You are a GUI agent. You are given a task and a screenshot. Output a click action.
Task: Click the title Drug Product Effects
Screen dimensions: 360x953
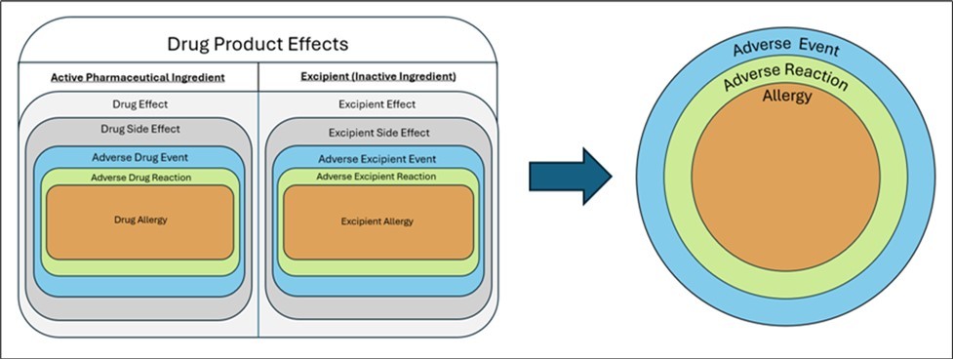pos(258,44)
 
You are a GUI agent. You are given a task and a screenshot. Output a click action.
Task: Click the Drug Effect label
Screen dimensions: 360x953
pos(139,104)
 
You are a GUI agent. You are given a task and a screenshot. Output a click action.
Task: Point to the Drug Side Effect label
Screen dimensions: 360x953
pos(139,129)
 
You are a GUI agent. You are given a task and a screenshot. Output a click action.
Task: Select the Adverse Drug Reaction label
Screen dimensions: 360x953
pos(139,177)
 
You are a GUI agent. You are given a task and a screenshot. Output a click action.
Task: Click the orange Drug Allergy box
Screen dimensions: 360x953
pos(139,220)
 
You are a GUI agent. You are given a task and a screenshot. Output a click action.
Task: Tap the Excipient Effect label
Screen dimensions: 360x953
pos(376,104)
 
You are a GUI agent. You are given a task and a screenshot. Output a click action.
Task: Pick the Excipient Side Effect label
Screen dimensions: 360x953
pos(376,132)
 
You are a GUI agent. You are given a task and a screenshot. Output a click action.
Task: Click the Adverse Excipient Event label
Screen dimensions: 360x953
pos(376,159)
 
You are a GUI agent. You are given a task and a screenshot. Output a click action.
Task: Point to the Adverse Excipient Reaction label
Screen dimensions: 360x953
pos(376,177)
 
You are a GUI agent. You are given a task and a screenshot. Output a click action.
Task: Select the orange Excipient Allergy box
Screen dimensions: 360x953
pos(376,221)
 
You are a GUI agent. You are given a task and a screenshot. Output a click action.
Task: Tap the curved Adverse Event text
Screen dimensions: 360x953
pos(784,45)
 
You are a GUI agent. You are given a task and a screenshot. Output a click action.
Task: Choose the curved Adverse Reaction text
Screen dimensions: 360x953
pos(784,77)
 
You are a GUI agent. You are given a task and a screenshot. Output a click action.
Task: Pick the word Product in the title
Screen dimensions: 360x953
pos(257,44)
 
